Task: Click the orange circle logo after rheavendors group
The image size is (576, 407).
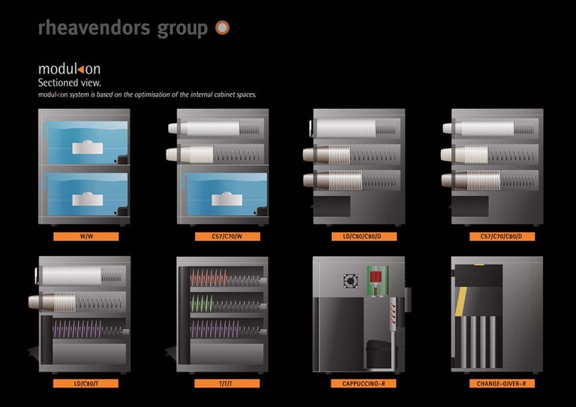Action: click(222, 29)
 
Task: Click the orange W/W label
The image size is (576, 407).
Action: click(85, 237)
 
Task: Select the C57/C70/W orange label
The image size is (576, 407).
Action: click(221, 237)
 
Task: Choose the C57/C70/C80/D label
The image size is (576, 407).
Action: click(496, 237)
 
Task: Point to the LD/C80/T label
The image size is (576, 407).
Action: click(85, 383)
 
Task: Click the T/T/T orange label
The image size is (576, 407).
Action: click(222, 383)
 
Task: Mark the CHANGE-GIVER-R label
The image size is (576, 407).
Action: click(496, 383)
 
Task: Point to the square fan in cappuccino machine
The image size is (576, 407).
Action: click(349, 282)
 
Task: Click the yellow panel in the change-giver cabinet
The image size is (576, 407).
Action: click(475, 300)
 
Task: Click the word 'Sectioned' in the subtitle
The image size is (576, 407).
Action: click(58, 82)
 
